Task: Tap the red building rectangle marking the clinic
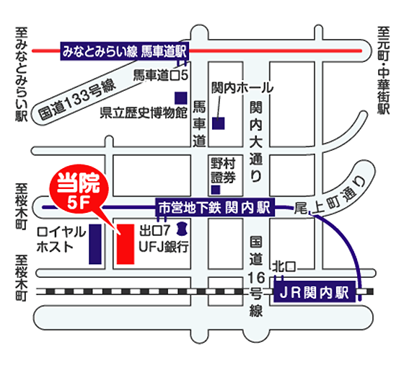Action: [x=123, y=245]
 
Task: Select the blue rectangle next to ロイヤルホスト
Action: [x=95, y=244]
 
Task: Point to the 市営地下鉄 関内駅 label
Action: [x=213, y=208]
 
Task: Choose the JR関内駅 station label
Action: [x=315, y=293]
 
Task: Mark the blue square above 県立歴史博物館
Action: [x=180, y=97]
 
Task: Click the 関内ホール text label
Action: [x=242, y=88]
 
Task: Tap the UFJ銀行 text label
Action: [x=164, y=246]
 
